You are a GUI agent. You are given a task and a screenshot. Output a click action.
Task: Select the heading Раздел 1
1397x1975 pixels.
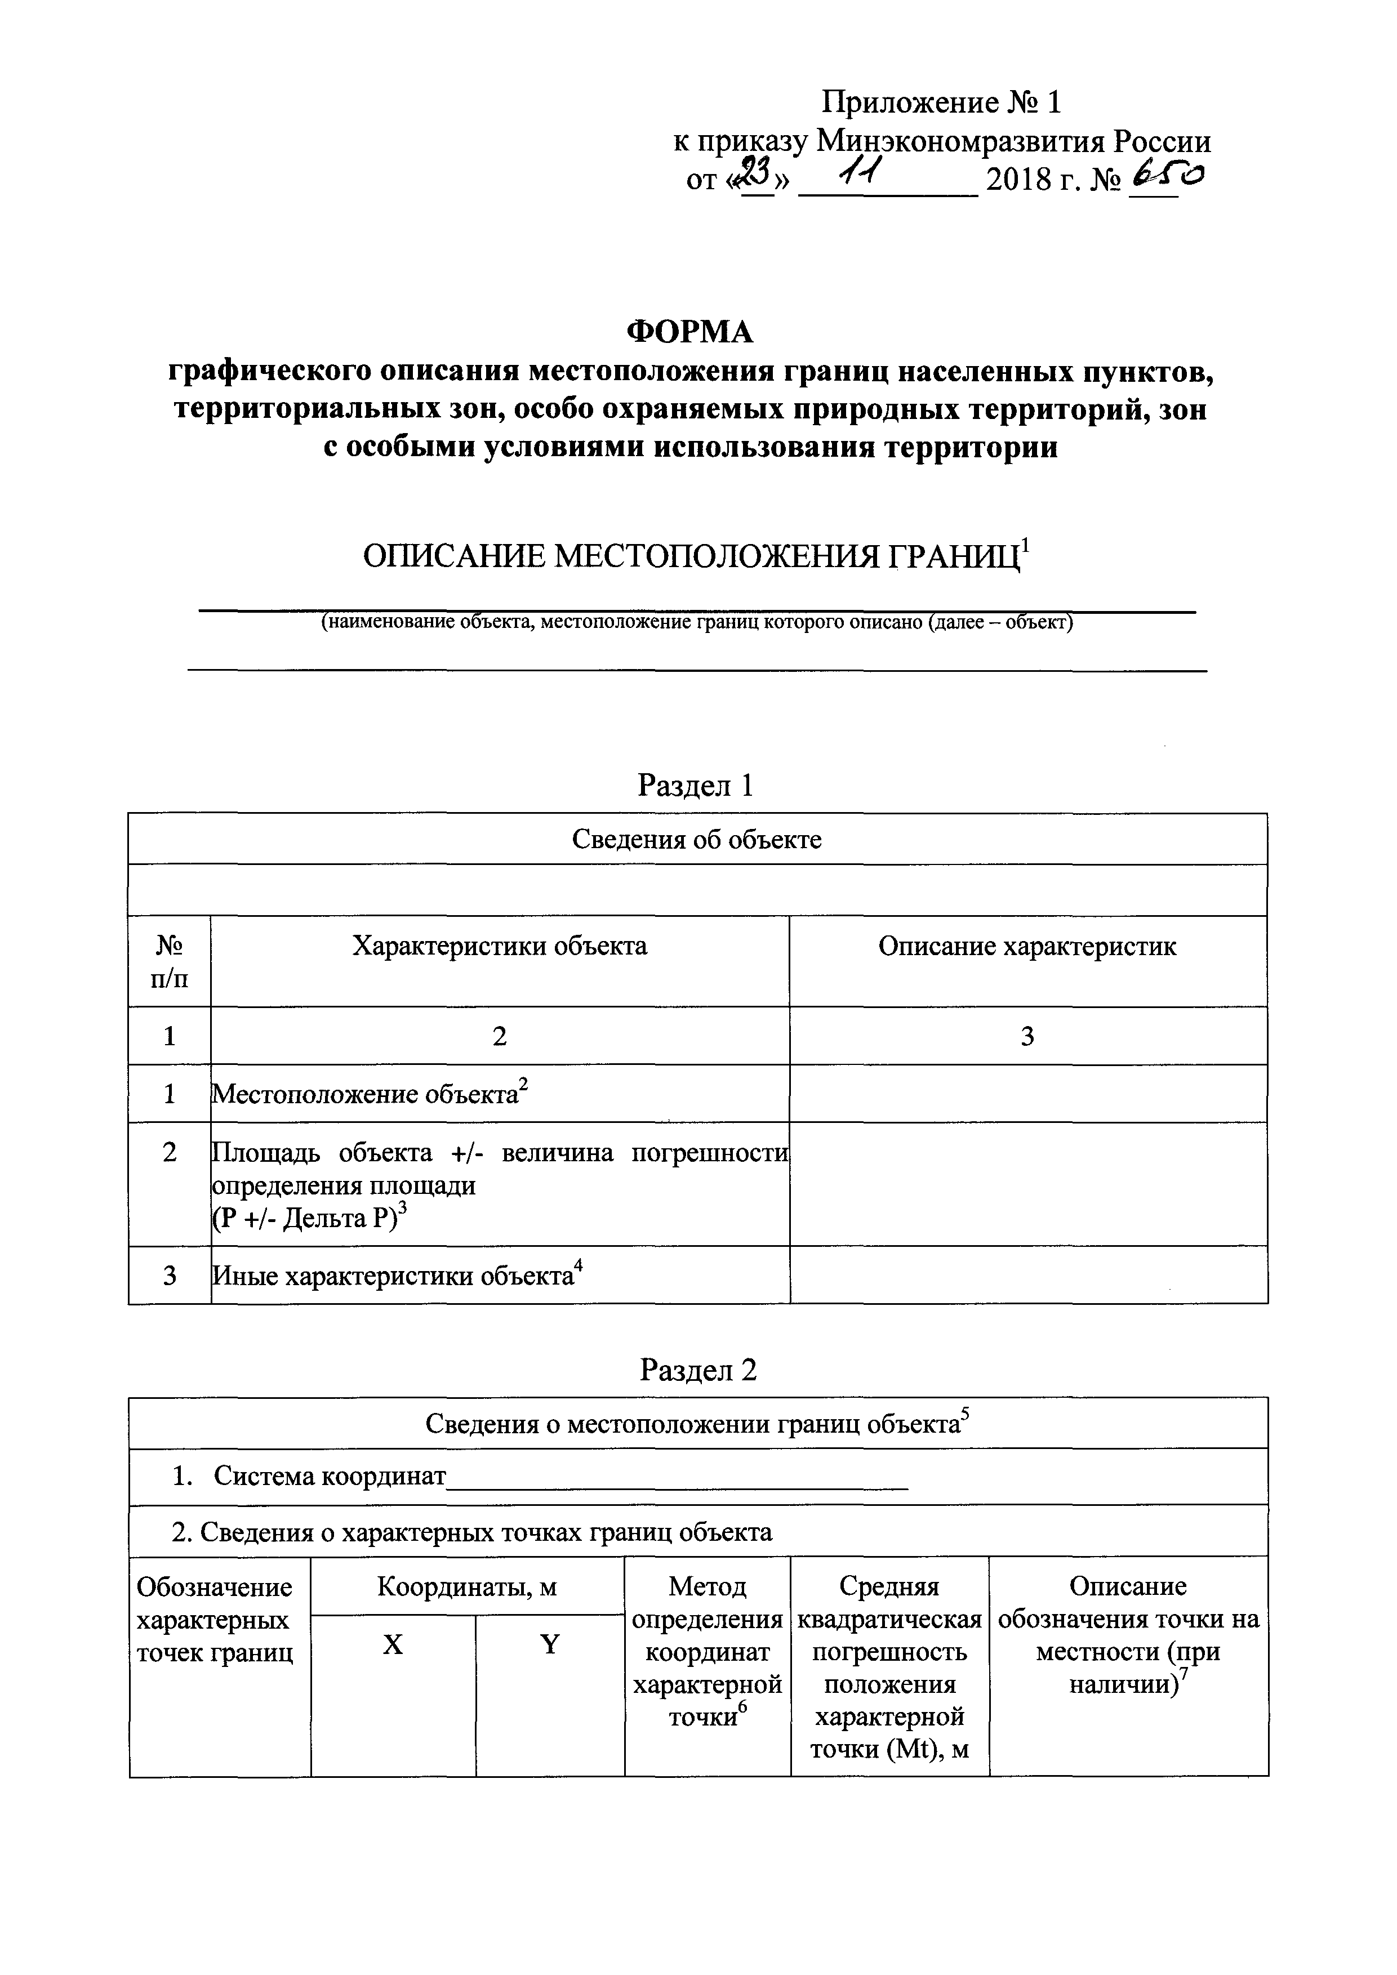(x=695, y=786)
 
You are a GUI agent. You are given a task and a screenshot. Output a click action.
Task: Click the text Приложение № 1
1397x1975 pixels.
(x=941, y=103)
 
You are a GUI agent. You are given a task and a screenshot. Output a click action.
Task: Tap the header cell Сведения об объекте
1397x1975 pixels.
(x=697, y=840)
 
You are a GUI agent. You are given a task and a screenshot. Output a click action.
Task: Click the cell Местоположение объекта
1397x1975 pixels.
(x=364, y=1094)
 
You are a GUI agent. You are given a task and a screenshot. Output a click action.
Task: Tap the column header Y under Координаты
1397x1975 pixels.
(x=550, y=1644)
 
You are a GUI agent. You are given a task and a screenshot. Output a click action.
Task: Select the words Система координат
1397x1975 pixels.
(x=330, y=1477)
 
